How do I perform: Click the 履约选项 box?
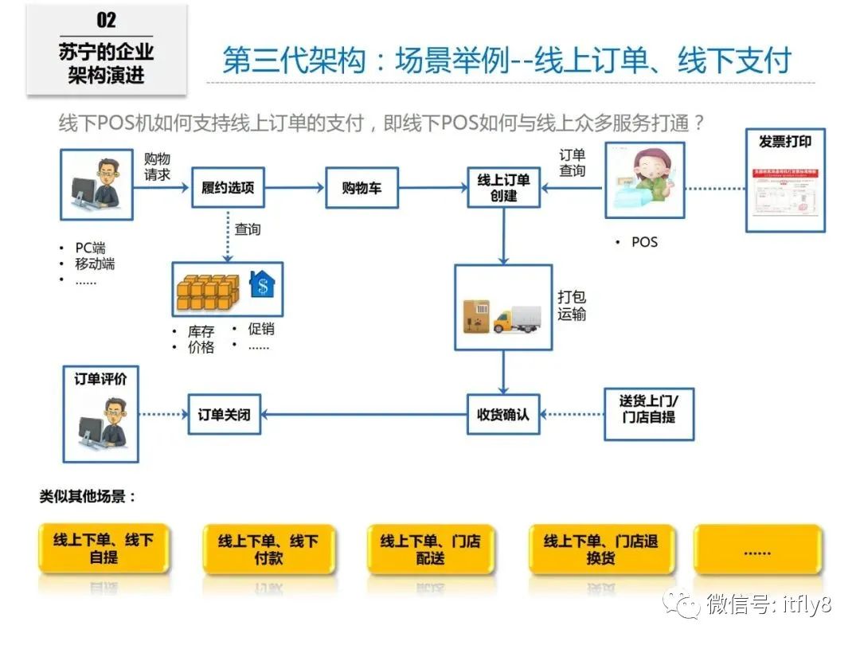click(x=228, y=188)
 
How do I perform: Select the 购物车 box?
click(x=362, y=188)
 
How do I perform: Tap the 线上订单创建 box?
click(x=503, y=188)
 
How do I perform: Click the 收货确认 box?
click(x=502, y=415)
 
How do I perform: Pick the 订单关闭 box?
click(x=224, y=415)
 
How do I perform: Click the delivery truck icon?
click(x=517, y=318)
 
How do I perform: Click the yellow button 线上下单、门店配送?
click(x=430, y=549)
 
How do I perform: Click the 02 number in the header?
click(x=106, y=19)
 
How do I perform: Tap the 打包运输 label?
click(x=571, y=306)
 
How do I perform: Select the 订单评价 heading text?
click(x=100, y=379)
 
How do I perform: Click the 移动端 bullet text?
click(x=95, y=264)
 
